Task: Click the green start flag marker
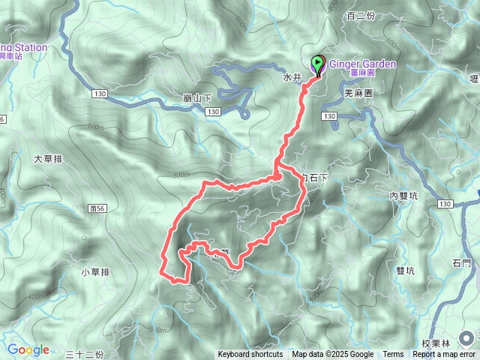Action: (x=317, y=65)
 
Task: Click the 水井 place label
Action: (x=292, y=76)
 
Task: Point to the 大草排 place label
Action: (x=49, y=159)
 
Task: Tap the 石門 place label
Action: (x=462, y=263)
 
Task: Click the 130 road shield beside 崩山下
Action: (x=212, y=112)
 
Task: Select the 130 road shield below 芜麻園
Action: (x=331, y=115)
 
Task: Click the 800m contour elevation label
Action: (x=181, y=175)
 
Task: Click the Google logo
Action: (x=28, y=349)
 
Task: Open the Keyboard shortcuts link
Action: (x=250, y=354)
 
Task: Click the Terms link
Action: (x=393, y=354)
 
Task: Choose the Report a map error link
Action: (x=445, y=354)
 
